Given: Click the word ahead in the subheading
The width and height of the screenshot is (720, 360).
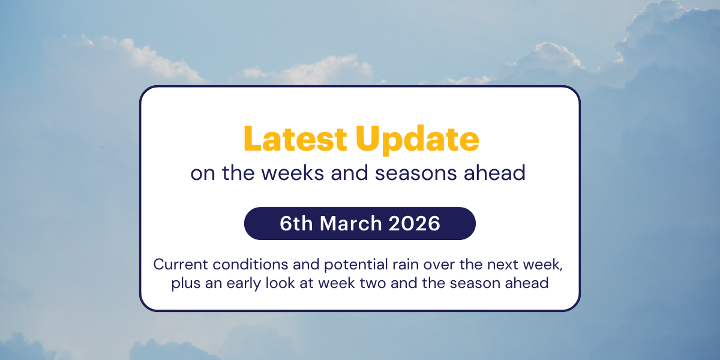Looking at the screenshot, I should pos(497,173).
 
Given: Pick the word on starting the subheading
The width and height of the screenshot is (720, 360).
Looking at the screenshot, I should pos(203,173).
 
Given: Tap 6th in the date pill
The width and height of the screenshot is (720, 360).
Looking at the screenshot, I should pos(296,223).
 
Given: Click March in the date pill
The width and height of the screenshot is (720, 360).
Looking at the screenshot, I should pos(350,223).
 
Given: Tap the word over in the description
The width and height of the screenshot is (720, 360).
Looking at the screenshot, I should pos(408,264).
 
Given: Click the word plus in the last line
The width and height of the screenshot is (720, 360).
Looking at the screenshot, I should pos(185,283).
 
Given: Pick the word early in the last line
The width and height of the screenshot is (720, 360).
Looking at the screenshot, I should pos(241,283).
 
